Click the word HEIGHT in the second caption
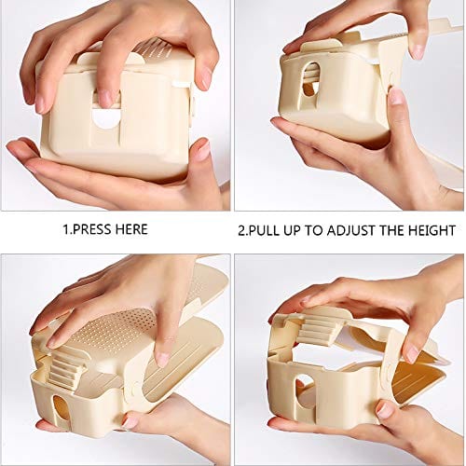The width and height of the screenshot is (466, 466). click(x=429, y=229)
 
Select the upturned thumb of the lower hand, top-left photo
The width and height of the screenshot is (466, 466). click(x=198, y=147)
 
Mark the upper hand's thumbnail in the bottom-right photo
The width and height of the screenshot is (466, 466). click(x=411, y=352)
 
